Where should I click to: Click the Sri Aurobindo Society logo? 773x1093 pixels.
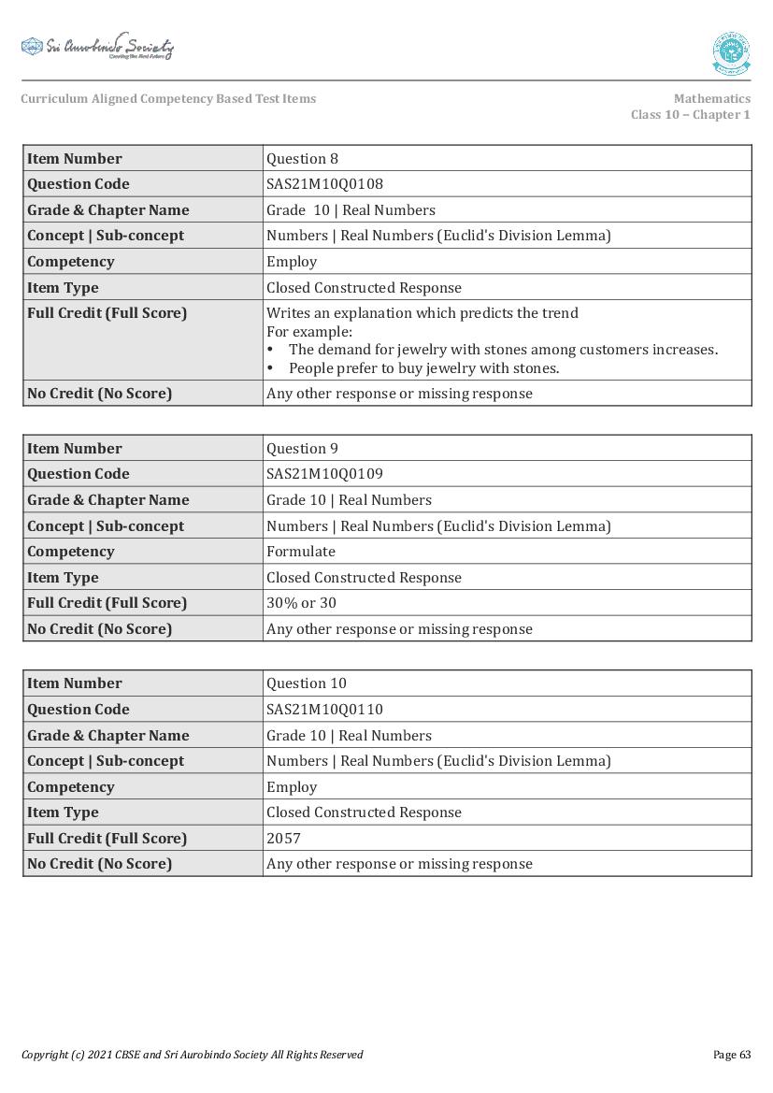pos(97,47)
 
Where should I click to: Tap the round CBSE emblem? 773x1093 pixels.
pos(730,53)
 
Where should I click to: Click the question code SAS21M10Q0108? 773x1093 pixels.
pos(324,184)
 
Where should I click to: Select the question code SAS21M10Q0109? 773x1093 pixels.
pos(324,474)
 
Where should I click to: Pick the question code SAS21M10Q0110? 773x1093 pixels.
pos(324,710)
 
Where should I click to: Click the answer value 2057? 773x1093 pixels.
pos(283,839)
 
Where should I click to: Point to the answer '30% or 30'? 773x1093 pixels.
pos(301,603)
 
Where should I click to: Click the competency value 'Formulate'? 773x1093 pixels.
pos(300,552)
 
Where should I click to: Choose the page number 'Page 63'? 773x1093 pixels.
pos(731,1055)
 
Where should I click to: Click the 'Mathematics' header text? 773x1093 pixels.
pos(711,99)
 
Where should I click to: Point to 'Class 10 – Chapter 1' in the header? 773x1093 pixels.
pos(690,115)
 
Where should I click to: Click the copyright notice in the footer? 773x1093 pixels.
pos(192,1055)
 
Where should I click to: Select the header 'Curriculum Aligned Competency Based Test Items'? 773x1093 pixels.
pos(168,99)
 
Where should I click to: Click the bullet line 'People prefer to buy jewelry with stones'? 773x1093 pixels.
pos(423,368)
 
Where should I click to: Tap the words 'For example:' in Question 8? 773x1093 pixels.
pos(308,332)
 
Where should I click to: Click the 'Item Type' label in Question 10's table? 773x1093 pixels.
pos(63,813)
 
